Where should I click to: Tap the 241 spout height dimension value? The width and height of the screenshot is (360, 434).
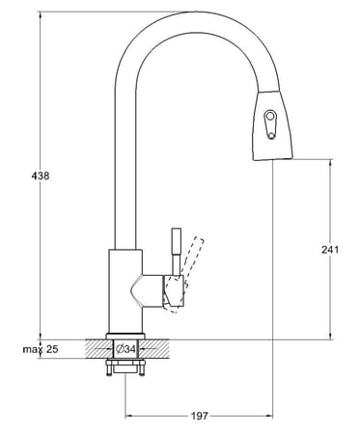pyautogui.click(x=330, y=249)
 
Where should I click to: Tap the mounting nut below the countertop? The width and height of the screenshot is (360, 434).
pyautogui.click(x=126, y=368)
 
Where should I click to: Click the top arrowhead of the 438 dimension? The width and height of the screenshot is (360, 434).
pyautogui.click(x=40, y=12)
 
